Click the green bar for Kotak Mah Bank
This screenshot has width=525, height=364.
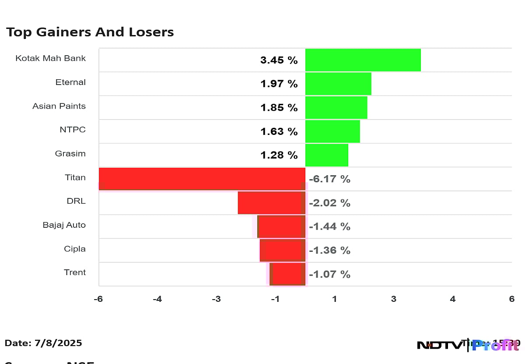(363, 60)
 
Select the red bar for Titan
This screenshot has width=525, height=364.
(202, 179)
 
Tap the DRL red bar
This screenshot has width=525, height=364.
(271, 203)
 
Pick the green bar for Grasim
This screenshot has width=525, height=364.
(326, 155)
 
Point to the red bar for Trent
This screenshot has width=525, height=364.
(288, 274)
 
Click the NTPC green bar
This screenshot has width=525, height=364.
(332, 131)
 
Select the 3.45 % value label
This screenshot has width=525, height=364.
(279, 60)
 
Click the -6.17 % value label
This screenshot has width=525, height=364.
(329, 179)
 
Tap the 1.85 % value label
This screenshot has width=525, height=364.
(279, 108)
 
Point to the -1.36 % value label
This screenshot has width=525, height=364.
(329, 251)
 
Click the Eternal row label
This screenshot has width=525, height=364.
(70, 82)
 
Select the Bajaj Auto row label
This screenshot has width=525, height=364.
(64, 225)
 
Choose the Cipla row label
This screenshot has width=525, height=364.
(74, 249)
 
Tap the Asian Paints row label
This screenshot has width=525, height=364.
(59, 106)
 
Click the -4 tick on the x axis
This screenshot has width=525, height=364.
(157, 299)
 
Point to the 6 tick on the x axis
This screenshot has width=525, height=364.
(511, 299)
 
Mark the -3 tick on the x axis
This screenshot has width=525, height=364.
(216, 299)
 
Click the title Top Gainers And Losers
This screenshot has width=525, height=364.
(90, 32)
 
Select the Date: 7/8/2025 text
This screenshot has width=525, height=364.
(43, 343)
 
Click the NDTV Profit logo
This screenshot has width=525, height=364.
(467, 345)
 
